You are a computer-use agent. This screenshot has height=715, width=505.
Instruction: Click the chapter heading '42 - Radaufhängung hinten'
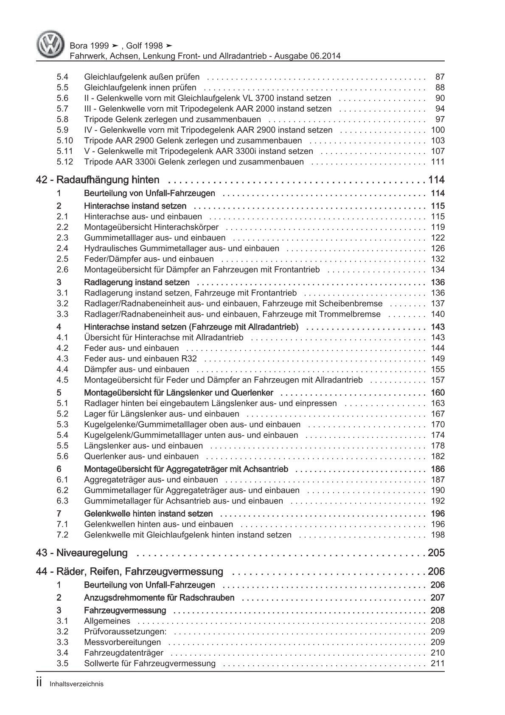pos(98,180)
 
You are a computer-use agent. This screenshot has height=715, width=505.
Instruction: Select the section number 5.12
pos(65,162)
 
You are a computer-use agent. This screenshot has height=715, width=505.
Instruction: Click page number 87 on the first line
pos(440,77)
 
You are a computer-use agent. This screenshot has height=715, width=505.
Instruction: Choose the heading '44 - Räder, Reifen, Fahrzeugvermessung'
pos(130,571)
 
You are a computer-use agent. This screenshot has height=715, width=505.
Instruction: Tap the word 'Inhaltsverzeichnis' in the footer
pos(76,684)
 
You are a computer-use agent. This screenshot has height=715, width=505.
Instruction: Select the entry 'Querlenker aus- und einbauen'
pos(141,456)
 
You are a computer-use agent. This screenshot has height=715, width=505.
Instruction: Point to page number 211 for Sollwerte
pos(437,664)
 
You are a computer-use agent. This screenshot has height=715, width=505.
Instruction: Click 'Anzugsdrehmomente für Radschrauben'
pos(159,598)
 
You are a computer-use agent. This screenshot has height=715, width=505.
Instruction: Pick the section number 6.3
pos(62,501)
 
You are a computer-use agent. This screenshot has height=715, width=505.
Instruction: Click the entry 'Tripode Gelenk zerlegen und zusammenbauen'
pos(172,119)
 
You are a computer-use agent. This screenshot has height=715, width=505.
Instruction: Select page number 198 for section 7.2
pos(437,535)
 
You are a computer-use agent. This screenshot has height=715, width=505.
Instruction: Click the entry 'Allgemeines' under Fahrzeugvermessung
pos(107,621)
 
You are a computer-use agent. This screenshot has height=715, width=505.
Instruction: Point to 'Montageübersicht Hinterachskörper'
pos(151,227)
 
